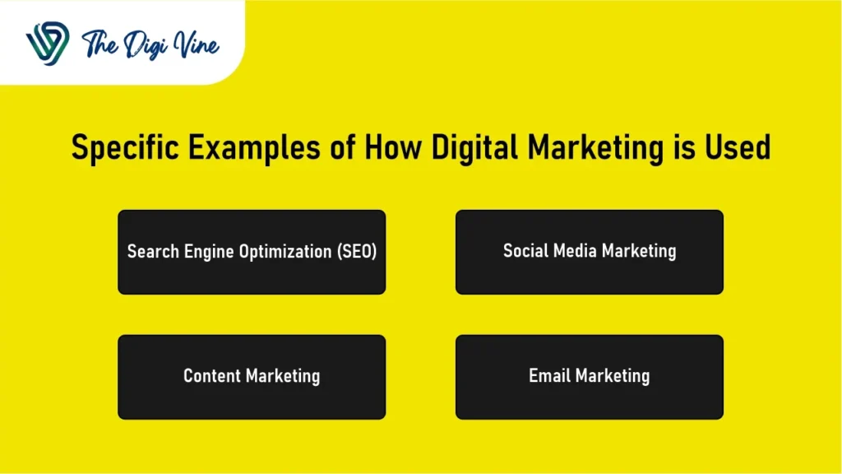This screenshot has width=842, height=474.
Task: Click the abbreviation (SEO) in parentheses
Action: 357,252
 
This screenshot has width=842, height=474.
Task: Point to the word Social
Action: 525,251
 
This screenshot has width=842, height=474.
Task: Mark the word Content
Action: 210,376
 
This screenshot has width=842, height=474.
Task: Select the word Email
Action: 549,376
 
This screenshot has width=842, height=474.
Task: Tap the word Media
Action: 573,251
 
